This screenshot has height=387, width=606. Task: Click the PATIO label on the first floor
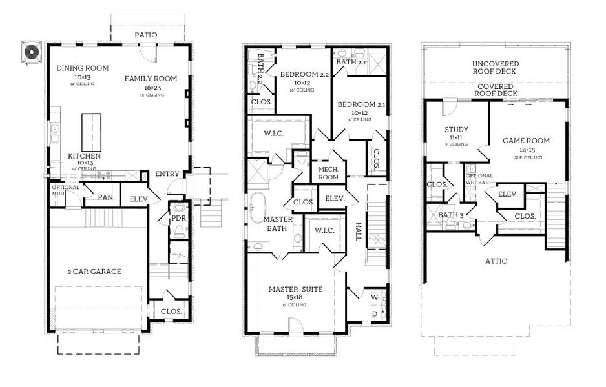coord(145,35)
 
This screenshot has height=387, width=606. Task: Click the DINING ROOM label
coord(82,68)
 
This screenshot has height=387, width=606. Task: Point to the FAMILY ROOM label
coord(151,79)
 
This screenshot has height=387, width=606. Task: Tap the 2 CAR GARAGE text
coord(95,272)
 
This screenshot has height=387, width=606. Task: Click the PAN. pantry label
coord(106,197)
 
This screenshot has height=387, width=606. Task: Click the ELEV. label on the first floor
coord(139,199)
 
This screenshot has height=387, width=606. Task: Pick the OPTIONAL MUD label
coord(66,191)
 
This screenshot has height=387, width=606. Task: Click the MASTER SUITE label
coord(295,290)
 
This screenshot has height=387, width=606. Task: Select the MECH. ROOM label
coord(329,173)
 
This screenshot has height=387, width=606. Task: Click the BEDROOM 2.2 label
coord(304,75)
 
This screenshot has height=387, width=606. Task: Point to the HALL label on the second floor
coord(358,232)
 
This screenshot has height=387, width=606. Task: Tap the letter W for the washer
coord(374,297)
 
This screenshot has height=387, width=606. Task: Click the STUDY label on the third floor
coord(457,130)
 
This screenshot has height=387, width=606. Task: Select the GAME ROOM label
coord(527,141)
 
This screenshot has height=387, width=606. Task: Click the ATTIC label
coord(497,261)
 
